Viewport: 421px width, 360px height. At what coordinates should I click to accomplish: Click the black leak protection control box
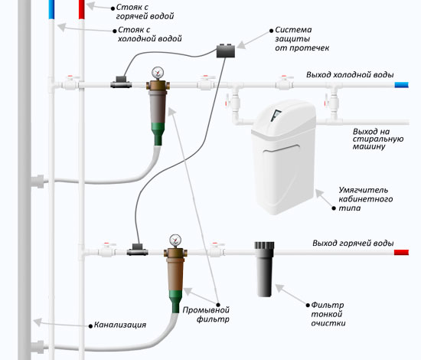(x=226, y=51)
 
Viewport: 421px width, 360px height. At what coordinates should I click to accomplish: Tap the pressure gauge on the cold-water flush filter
(x=158, y=73)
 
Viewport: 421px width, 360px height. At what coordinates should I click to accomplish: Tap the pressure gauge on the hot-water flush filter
(x=175, y=241)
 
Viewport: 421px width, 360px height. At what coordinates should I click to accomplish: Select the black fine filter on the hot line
(x=265, y=269)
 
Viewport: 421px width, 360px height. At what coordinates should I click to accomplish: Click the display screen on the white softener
(x=276, y=115)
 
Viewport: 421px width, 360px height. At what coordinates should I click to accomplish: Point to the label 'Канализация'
(x=120, y=325)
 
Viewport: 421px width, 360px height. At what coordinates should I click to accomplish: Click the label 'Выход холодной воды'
(x=350, y=74)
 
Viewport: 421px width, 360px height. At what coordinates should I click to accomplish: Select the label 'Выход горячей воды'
(x=353, y=243)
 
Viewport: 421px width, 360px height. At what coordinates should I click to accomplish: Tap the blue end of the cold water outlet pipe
(x=401, y=85)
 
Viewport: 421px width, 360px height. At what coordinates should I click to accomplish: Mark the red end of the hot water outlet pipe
(x=401, y=252)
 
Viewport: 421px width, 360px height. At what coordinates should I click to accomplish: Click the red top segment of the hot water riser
(x=82, y=9)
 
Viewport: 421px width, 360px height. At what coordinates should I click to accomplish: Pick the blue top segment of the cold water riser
(x=51, y=9)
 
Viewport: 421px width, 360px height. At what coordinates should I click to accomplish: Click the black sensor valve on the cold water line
(x=121, y=82)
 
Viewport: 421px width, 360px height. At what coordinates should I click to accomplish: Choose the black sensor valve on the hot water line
(x=137, y=250)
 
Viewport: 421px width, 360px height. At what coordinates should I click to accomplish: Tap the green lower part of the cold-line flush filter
(x=158, y=134)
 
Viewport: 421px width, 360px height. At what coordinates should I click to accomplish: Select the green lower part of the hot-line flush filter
(x=175, y=302)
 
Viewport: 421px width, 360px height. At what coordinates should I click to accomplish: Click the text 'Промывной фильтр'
(x=206, y=314)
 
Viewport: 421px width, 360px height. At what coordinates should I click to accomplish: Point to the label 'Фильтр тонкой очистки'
(x=328, y=314)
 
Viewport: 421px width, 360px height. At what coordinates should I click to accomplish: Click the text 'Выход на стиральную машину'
(x=378, y=139)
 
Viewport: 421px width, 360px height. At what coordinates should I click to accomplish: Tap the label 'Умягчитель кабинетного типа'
(x=365, y=199)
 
